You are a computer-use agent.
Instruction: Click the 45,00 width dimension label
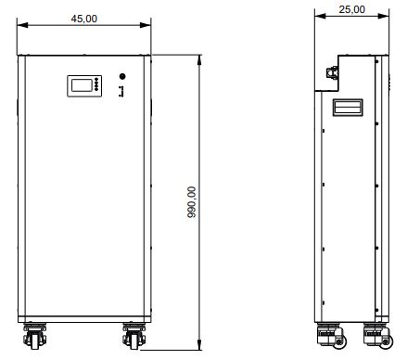tap(84, 19)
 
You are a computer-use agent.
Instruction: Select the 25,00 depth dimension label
tap(351, 9)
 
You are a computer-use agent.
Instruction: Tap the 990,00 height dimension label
tap(192, 202)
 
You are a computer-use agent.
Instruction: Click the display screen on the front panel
tap(82, 85)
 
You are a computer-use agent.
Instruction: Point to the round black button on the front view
tap(122, 76)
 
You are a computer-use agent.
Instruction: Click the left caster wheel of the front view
tap(35, 336)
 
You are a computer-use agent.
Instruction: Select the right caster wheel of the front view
tap(134, 336)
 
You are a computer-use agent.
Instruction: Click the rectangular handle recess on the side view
tap(348, 108)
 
